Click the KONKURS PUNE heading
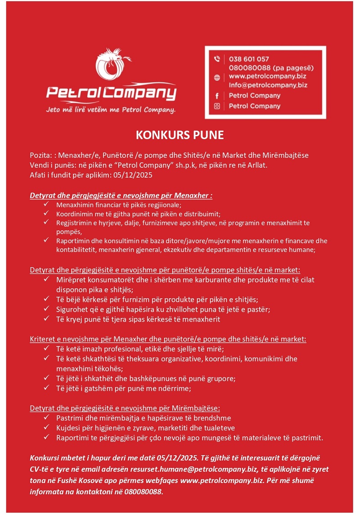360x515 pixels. click(180, 135)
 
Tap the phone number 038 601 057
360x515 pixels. click(249, 59)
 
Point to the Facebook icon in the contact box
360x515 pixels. click(217, 95)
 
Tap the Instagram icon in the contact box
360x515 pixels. click(217, 106)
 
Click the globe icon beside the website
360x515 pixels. click(217, 77)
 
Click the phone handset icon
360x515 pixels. click(217, 59)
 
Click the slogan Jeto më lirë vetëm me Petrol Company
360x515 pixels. click(111, 110)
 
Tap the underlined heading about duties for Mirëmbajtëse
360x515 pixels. click(125, 408)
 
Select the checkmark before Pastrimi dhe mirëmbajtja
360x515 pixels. click(46, 418)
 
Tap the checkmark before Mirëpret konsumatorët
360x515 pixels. click(46, 280)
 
